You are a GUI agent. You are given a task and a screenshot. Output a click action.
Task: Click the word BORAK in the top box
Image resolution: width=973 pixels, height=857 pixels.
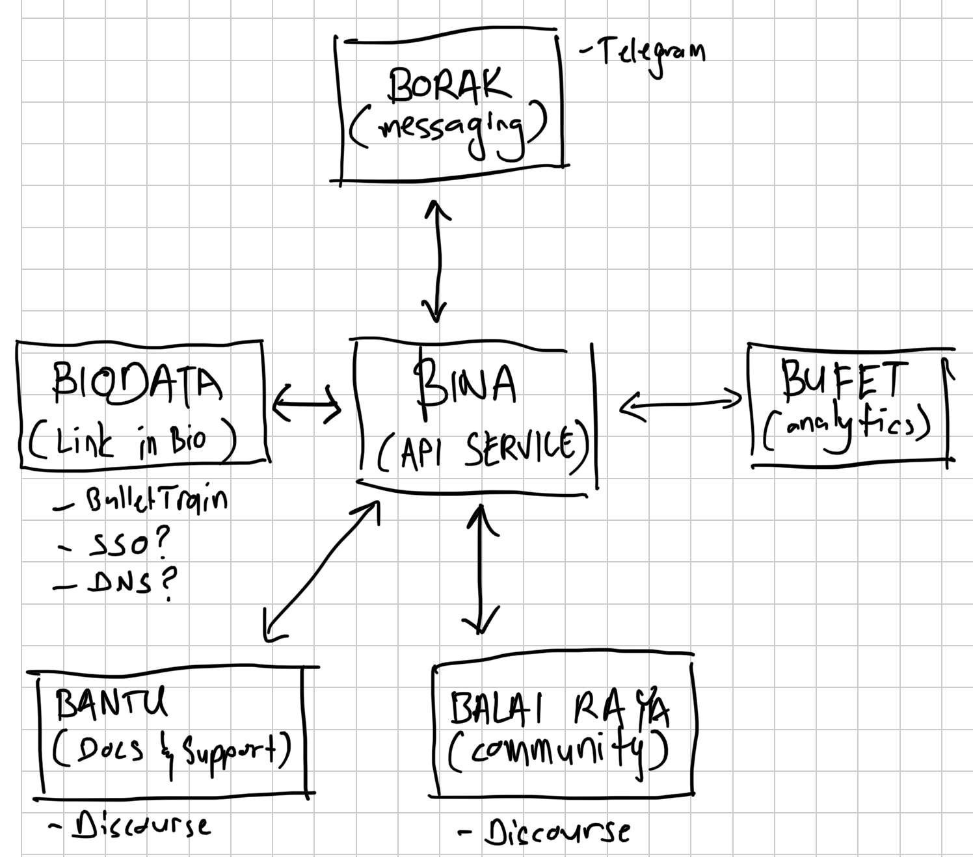(x=448, y=86)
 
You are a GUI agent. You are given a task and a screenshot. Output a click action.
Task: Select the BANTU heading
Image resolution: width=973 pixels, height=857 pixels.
(x=111, y=702)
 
